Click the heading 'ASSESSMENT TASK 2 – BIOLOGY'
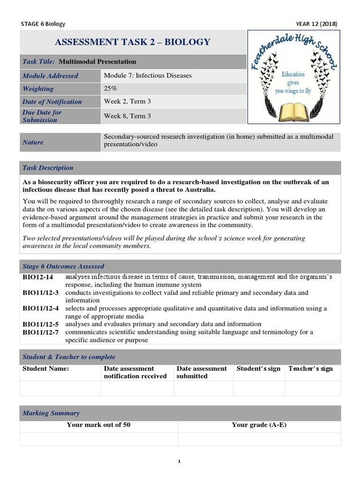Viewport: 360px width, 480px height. tap(133, 43)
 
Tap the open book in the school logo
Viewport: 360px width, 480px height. tap(293, 111)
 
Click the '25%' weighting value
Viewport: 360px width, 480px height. tap(111, 89)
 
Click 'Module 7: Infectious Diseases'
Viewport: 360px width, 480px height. tap(148, 75)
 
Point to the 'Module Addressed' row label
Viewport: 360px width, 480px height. tap(50, 76)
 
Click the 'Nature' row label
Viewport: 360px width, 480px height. tap(33, 142)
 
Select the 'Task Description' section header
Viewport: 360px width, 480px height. tap(48, 168)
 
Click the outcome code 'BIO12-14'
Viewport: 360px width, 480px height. tap(38, 277)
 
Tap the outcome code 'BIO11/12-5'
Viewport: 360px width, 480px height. tap(41, 324)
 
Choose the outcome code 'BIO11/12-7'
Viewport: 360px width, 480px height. tap(41, 332)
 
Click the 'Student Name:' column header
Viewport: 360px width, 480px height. tap(46, 369)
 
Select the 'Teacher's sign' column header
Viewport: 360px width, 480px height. tap(310, 369)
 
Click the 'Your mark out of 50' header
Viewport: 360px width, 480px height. tap(98, 425)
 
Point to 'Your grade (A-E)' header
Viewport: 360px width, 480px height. tap(259, 425)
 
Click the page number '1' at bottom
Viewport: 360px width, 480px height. tap(180, 461)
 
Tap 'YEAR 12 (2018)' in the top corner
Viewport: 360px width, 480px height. tap(316, 24)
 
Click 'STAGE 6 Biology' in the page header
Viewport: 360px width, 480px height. tap(44, 24)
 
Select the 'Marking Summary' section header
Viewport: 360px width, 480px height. tap(51, 413)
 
